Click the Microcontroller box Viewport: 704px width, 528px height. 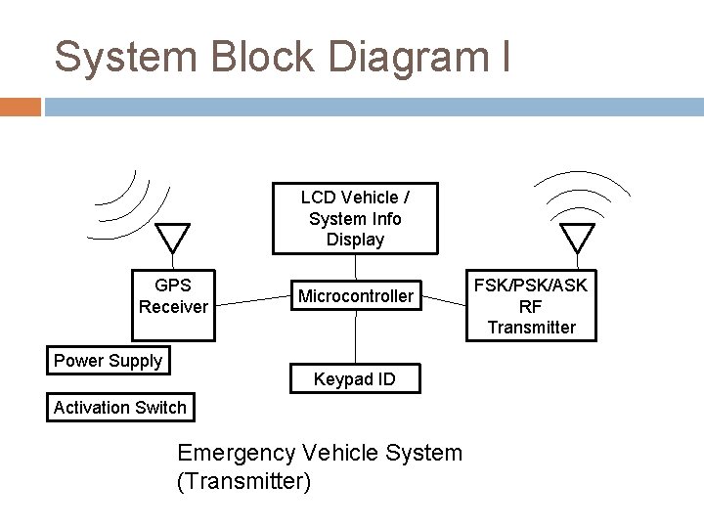click(355, 295)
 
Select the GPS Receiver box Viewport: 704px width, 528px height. click(173, 295)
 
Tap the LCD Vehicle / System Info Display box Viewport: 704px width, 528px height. click(355, 218)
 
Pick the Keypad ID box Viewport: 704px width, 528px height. click(355, 378)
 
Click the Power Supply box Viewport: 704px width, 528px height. click(108, 360)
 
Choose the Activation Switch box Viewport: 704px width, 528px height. click(120, 407)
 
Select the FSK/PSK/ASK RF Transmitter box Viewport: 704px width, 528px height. click(531, 305)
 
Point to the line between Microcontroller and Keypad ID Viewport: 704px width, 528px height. click(355, 337)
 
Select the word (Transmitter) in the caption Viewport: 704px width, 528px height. click(243, 481)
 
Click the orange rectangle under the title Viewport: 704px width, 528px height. click(21, 107)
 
